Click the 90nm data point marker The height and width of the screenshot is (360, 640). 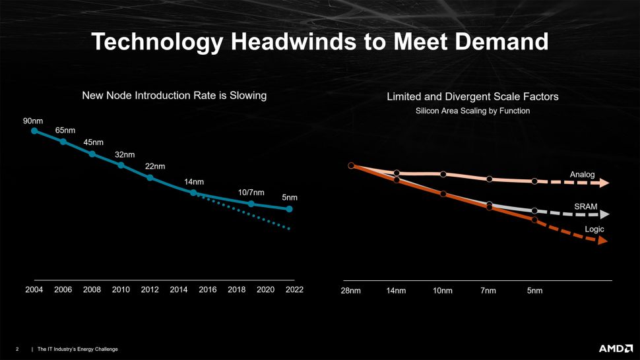[34, 131]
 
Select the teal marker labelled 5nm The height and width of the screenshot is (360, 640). [289, 209]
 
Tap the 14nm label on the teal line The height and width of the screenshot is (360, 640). [194, 182]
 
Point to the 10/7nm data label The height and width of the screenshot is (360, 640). [251, 193]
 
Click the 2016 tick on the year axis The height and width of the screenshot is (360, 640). [207, 289]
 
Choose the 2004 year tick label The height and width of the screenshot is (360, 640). [34, 289]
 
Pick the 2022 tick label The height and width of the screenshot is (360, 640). [294, 289]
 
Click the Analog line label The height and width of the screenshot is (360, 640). [582, 175]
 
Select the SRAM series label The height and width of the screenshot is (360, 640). [586, 207]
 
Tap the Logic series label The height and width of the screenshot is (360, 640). [594, 229]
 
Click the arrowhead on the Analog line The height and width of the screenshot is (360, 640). [604, 183]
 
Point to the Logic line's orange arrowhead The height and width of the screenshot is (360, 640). [603, 241]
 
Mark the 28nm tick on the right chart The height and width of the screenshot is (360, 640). [350, 291]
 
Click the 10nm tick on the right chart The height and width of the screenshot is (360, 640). [443, 291]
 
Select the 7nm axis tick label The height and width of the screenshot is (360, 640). [488, 291]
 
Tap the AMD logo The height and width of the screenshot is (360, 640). [616, 349]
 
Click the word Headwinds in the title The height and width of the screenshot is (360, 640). [293, 42]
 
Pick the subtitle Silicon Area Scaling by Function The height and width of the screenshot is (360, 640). [472, 111]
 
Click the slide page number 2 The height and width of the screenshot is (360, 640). [17, 349]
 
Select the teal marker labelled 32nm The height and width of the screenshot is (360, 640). [121, 165]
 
